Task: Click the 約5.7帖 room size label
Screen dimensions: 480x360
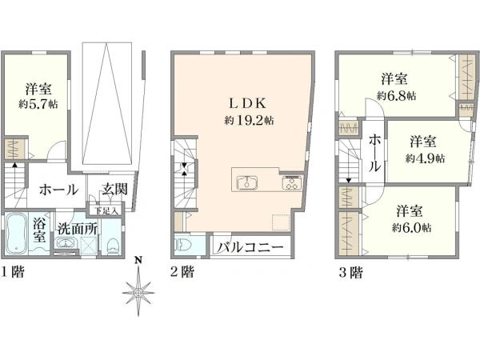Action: [38, 104]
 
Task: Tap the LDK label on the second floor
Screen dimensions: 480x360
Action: [248, 103]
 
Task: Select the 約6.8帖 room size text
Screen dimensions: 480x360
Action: [397, 96]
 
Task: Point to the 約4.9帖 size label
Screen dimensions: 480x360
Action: [426, 158]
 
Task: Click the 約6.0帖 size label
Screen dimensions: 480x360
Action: [412, 228]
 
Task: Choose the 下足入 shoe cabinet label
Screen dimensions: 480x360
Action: [106, 211]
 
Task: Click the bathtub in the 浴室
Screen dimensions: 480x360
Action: [17, 234]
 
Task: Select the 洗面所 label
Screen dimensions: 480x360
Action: [78, 229]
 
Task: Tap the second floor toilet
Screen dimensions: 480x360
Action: [183, 246]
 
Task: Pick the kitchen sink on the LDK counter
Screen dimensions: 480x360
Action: [246, 183]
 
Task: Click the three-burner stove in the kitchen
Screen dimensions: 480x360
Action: [291, 183]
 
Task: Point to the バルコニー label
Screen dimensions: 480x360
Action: [250, 247]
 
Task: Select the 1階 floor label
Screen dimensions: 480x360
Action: [13, 272]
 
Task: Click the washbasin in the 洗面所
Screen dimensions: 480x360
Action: [65, 243]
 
